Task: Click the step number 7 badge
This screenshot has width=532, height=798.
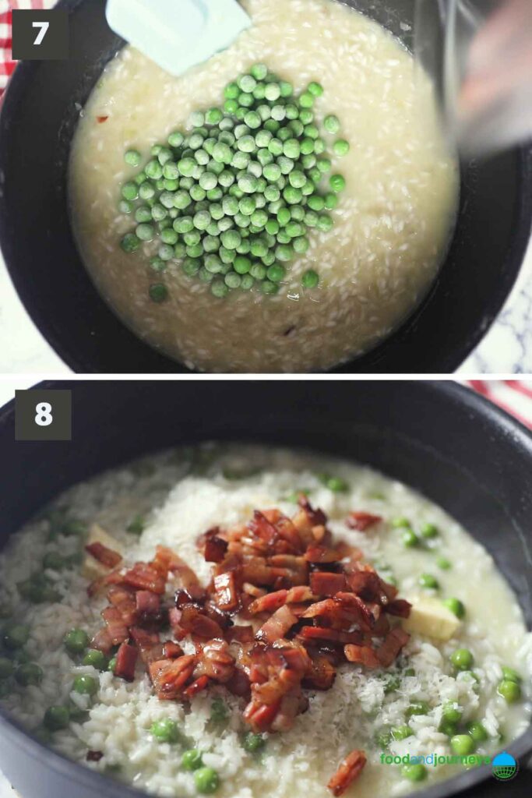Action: click(40, 34)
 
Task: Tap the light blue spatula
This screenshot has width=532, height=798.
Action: click(176, 32)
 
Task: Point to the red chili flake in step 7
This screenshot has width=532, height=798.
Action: click(102, 119)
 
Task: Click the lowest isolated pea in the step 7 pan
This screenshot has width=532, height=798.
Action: click(158, 292)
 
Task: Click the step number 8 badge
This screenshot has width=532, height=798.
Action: click(43, 414)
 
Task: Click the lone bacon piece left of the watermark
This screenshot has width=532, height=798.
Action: click(347, 772)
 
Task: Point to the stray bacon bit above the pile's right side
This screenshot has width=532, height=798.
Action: click(364, 521)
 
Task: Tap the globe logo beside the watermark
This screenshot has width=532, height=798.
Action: click(505, 765)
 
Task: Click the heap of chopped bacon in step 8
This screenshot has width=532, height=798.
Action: click(249, 608)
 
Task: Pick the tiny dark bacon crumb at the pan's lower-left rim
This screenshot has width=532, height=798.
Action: click(94, 755)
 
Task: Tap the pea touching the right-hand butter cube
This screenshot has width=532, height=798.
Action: click(453, 607)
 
